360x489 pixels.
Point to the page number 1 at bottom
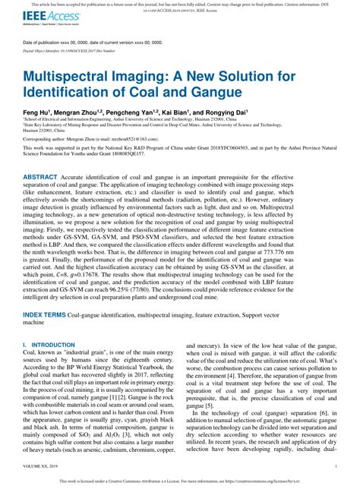pyautogui.click(x=336, y=467)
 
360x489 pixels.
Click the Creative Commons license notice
pyautogui.click(x=179, y=481)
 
